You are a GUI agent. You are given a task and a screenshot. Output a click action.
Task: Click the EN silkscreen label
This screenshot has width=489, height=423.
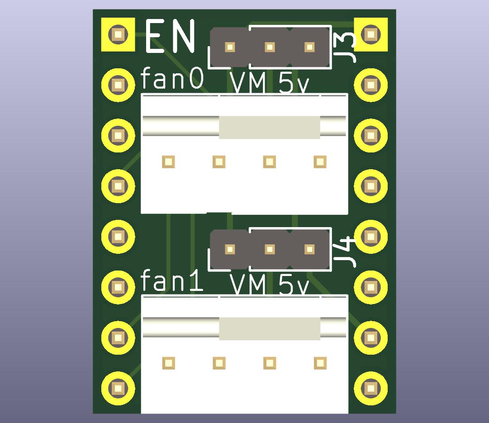coord(171,36)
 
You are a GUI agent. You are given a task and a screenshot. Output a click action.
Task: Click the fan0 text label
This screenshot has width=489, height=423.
coord(172,79)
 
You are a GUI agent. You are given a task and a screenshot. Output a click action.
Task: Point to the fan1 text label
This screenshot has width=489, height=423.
coord(172,281)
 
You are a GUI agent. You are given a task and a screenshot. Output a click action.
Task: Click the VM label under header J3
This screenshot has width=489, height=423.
coord(248,84)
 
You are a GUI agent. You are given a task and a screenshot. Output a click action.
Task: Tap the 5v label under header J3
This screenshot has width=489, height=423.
coord(294,84)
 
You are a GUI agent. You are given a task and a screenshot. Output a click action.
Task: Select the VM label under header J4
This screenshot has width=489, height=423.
coord(248,285)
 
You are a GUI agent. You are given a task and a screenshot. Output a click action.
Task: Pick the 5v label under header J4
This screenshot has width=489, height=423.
coord(294,285)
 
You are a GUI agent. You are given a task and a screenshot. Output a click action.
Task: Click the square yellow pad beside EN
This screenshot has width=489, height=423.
coord(118,34)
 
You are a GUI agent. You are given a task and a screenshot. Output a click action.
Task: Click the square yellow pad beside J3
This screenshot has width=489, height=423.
coord(371,34)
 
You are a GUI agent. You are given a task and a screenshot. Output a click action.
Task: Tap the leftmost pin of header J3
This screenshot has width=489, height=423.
coord(230,47)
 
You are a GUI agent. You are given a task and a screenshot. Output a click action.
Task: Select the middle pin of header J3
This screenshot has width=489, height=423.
coord(270,47)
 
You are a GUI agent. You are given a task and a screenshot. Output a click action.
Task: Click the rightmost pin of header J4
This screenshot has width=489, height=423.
coord(309,249)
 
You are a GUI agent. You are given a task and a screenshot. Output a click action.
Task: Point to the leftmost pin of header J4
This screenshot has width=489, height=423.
coord(230,249)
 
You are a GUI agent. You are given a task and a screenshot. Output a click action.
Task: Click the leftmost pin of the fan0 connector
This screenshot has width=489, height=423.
coord(169,162)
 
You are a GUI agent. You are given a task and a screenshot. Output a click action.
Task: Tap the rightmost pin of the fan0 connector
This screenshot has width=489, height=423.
coord(320,162)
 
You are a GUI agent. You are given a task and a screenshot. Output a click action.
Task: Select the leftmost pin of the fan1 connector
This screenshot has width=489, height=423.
coord(169,363)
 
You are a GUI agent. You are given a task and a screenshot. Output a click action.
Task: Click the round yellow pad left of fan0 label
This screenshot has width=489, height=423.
coord(118,85)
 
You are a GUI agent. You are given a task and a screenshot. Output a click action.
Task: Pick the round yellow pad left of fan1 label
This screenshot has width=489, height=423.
coord(118,286)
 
